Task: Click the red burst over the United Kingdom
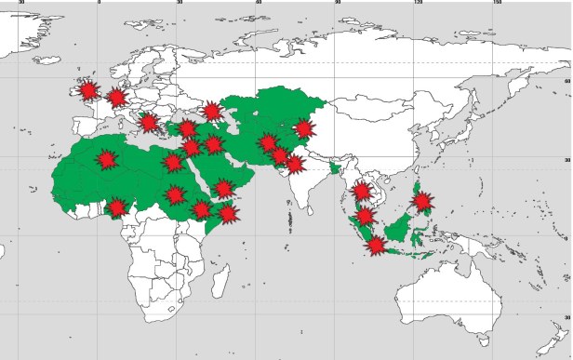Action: [x=87, y=90]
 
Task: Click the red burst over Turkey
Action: [x=187, y=128]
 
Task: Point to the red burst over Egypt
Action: [x=172, y=163]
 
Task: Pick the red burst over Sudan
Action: [x=175, y=195]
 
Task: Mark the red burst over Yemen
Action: [x=223, y=189]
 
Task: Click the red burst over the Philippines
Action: [x=421, y=201]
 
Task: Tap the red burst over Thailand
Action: [x=362, y=193]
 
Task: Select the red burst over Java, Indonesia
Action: [x=376, y=246]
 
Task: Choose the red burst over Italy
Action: [x=148, y=123]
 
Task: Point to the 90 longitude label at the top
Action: [x=338, y=4]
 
